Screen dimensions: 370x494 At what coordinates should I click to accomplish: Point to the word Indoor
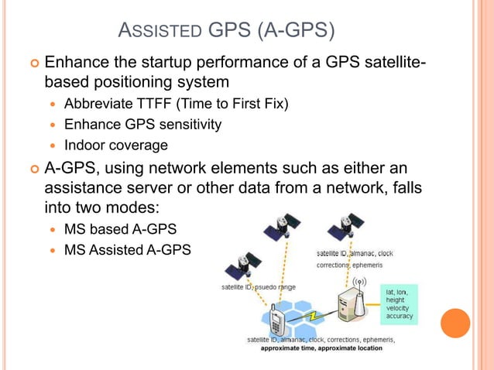pos(86,145)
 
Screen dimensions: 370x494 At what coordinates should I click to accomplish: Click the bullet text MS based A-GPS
pos(119,229)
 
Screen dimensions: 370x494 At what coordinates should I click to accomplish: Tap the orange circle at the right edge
pos(455,324)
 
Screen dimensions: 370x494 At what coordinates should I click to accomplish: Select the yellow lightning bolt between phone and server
pos(313,317)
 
